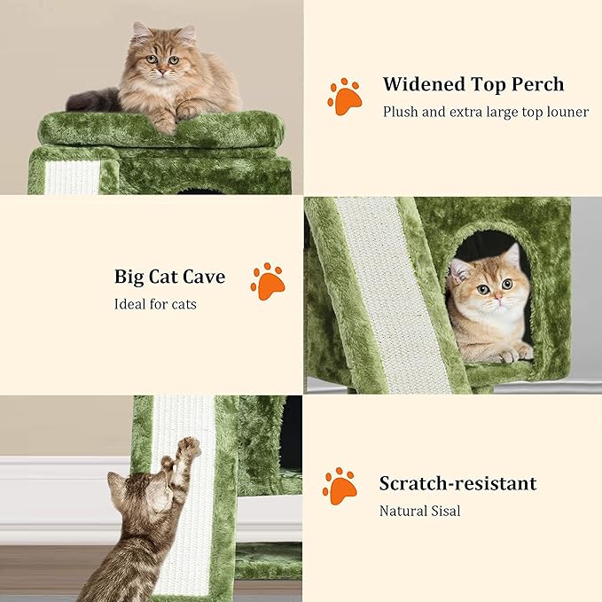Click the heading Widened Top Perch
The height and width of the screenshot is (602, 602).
[x=473, y=85]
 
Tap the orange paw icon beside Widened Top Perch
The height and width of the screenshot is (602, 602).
[x=344, y=97]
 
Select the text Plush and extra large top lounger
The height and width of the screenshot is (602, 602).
[x=485, y=113]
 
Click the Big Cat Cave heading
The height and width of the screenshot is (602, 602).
[x=169, y=277]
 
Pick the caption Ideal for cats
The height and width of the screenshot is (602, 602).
[x=155, y=304]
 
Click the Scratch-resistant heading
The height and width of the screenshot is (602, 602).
[x=457, y=483]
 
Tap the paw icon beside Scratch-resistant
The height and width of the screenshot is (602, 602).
[x=340, y=485]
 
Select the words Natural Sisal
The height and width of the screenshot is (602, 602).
[x=420, y=511]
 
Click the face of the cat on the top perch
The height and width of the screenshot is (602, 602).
[x=163, y=62]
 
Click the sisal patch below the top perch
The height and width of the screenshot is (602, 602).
[x=73, y=177]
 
